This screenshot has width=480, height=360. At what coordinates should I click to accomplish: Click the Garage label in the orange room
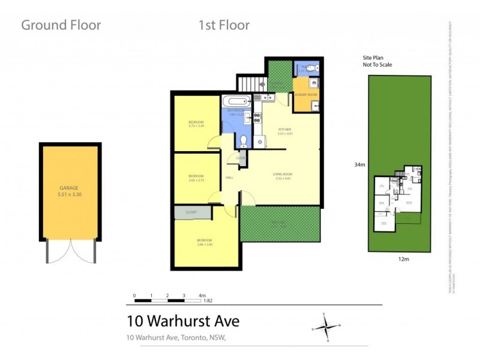[70, 187]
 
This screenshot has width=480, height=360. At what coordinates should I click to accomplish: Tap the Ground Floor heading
[61, 25]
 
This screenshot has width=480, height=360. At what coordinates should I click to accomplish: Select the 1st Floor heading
[224, 25]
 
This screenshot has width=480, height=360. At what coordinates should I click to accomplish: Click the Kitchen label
[284, 130]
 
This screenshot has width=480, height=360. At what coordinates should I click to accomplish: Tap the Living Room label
[282, 175]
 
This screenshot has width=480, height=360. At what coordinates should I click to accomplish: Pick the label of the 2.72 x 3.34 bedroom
[196, 124]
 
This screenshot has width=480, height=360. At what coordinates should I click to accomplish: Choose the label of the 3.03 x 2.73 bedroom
[196, 178]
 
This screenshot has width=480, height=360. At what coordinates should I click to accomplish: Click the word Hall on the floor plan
[229, 178]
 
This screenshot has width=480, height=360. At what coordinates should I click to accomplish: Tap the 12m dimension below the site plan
[398, 259]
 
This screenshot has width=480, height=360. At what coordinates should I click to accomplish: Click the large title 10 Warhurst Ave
[183, 321]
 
